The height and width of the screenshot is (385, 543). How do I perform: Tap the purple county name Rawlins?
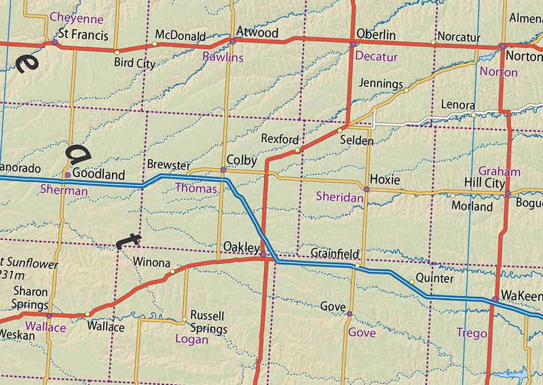pyautogui.click(x=223, y=58)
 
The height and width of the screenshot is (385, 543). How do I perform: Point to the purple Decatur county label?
pyautogui.click(x=376, y=57)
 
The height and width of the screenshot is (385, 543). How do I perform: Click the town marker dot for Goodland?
pyautogui.click(x=67, y=175)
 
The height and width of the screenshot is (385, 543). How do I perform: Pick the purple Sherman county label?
pyautogui.click(x=64, y=191)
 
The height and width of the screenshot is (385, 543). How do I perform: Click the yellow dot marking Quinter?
pyautogui.click(x=411, y=282)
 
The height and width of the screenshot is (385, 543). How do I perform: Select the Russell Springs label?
pyautogui.click(x=208, y=322)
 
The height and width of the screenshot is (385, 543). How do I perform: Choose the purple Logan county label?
pyautogui.click(x=191, y=339)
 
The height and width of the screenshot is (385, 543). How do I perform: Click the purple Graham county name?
pyautogui.click(x=499, y=171)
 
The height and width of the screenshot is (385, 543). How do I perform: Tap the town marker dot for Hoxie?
pyautogui.click(x=366, y=189)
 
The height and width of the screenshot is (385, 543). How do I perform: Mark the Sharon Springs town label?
pyautogui.click(x=31, y=297)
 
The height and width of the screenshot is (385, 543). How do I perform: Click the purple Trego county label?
pyautogui.click(x=473, y=333)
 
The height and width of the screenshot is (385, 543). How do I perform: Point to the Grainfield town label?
pyautogui.click(x=334, y=253)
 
